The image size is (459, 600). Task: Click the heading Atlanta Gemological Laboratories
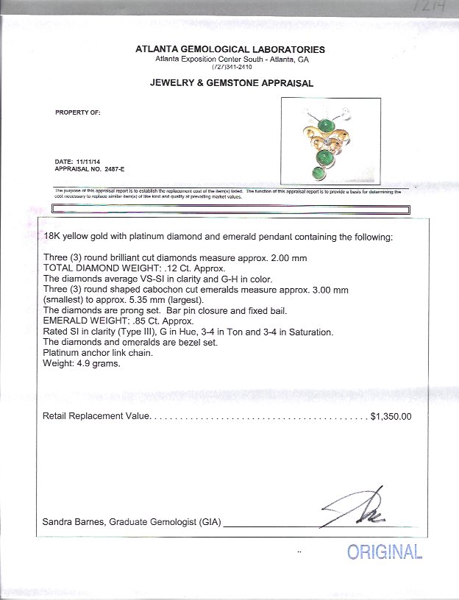click(230, 49)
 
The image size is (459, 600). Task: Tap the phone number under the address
click(230, 67)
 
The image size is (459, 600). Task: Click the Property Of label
click(77, 113)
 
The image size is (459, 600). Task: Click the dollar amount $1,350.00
click(391, 416)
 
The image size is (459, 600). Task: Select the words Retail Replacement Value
click(96, 416)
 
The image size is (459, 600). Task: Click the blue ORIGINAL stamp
click(384, 552)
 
